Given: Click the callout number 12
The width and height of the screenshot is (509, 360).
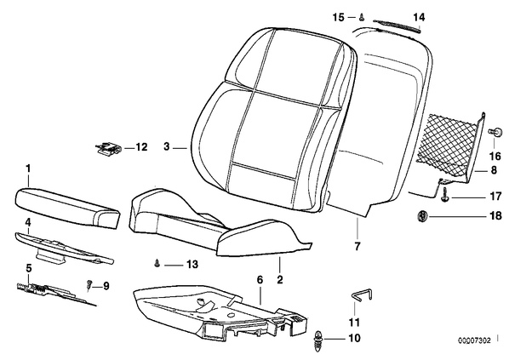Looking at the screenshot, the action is [x=141, y=147].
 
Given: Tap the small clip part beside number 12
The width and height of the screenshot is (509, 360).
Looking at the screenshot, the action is [x=108, y=149].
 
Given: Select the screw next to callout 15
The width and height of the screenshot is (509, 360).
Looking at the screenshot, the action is [x=361, y=18].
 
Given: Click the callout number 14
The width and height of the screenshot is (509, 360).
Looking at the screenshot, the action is [x=419, y=17].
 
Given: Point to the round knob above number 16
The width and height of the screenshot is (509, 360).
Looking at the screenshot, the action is [x=495, y=132].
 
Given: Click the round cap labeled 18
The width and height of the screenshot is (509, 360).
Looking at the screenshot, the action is [x=422, y=215].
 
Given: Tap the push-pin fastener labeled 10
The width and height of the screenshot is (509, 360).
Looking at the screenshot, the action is [x=317, y=340].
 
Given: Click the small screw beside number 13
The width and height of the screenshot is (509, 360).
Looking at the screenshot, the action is [x=157, y=263].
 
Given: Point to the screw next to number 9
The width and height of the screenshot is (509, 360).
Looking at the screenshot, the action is [x=89, y=285].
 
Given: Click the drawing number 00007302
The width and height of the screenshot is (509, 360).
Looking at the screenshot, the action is [x=474, y=340].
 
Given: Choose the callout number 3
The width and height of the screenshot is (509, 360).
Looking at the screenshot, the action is [x=167, y=146].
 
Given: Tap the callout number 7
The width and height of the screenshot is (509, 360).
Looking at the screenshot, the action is [x=357, y=246].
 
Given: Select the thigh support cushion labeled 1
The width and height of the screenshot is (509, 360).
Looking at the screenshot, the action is [x=67, y=207].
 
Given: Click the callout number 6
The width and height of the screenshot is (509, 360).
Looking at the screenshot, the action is [x=260, y=279].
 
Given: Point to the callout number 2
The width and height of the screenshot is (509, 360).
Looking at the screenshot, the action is [x=280, y=279].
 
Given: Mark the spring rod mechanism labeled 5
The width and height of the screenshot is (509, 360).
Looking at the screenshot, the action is [x=55, y=293].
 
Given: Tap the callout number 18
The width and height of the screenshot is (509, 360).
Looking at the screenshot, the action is [x=495, y=215].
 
